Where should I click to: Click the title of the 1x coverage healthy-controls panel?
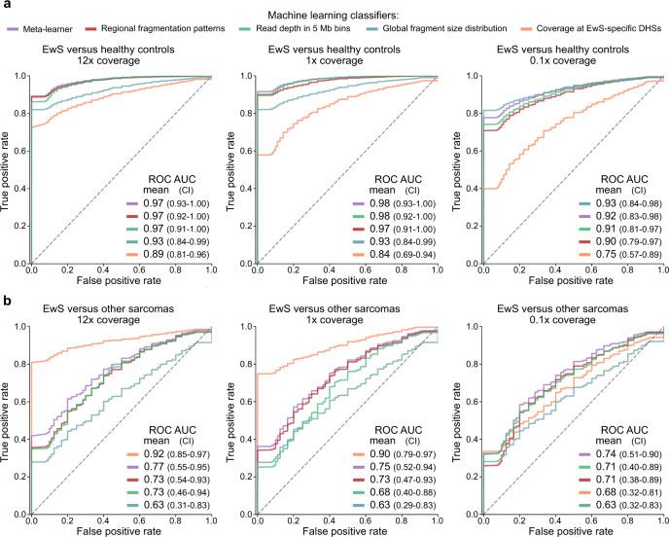336,54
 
